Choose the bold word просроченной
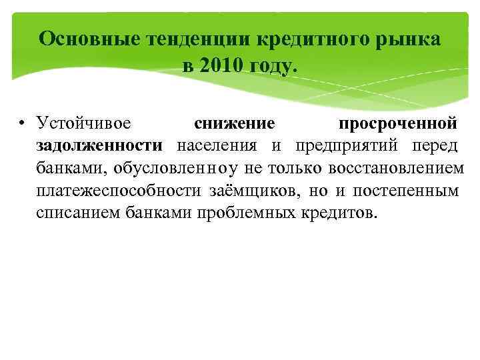tap(397, 123)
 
